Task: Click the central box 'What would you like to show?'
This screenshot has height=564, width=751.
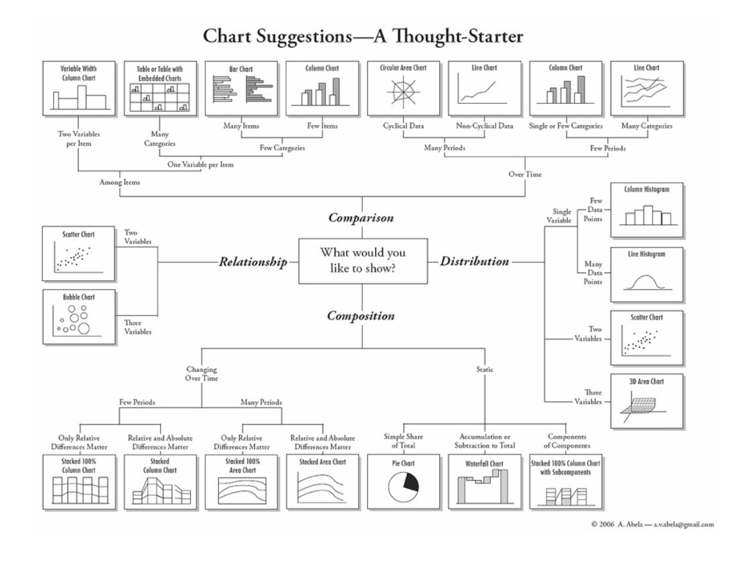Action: [x=362, y=261]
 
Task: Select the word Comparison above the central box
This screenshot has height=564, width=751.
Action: [x=362, y=219]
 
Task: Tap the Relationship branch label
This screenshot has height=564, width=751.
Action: [x=252, y=262]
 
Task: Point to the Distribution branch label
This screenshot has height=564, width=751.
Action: [x=475, y=262]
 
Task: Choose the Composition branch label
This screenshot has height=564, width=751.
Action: [x=362, y=316]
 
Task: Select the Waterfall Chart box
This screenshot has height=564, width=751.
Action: [x=483, y=482]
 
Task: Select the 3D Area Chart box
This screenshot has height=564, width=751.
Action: [x=646, y=402]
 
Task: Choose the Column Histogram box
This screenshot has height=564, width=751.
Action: [x=646, y=210]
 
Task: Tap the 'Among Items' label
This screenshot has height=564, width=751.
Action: [x=120, y=182]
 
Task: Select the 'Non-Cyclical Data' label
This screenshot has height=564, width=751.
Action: [x=485, y=126]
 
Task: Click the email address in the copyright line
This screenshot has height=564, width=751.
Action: [x=682, y=524]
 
